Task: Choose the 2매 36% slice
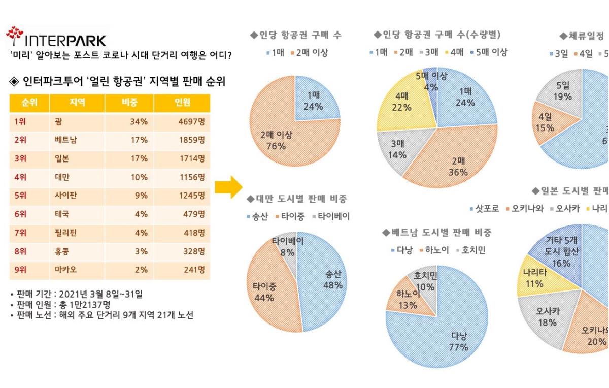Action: pos(454,163)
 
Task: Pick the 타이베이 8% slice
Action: pos(287,246)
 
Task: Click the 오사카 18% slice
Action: pos(546,317)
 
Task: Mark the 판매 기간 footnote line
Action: pos(76,294)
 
